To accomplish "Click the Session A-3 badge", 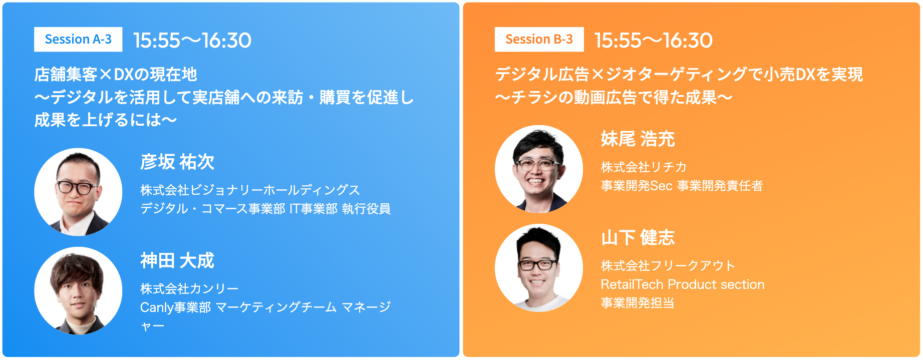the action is (78, 40).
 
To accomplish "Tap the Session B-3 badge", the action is (539, 40).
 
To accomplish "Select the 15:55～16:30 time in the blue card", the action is (192, 41).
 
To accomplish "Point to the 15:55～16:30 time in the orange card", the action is (653, 41).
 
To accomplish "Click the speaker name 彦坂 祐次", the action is (177, 162).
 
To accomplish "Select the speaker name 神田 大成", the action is (177, 261).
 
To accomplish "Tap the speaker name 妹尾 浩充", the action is (638, 139).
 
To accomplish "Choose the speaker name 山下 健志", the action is (638, 238).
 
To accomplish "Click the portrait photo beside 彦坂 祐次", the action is (78, 192).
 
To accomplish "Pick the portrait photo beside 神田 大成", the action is (78, 290).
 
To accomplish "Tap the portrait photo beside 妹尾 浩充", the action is (539, 169).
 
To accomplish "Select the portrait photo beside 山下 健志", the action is (539, 268).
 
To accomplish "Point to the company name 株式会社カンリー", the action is (189, 289).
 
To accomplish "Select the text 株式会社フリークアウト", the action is (668, 266).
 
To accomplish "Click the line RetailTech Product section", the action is (683, 284).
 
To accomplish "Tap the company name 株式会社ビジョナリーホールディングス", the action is (250, 190).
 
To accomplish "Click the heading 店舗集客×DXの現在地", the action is (116, 75).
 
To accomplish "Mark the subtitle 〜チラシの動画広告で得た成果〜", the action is (613, 97).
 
